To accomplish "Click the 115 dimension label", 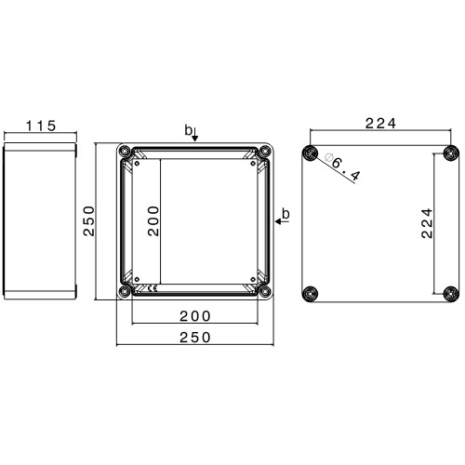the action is point(41,126).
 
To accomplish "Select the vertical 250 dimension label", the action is point(89,220).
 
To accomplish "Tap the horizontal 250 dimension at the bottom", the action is point(195,338).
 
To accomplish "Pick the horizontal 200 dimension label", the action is point(195,316).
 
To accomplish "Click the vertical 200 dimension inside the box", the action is point(153,220).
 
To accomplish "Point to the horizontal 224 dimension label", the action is point(380,124).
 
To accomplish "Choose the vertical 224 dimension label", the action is point(427,223).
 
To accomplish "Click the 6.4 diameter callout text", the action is point(346,169).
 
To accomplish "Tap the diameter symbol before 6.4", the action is point(328,157).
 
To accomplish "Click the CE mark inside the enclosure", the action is point(153,289).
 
